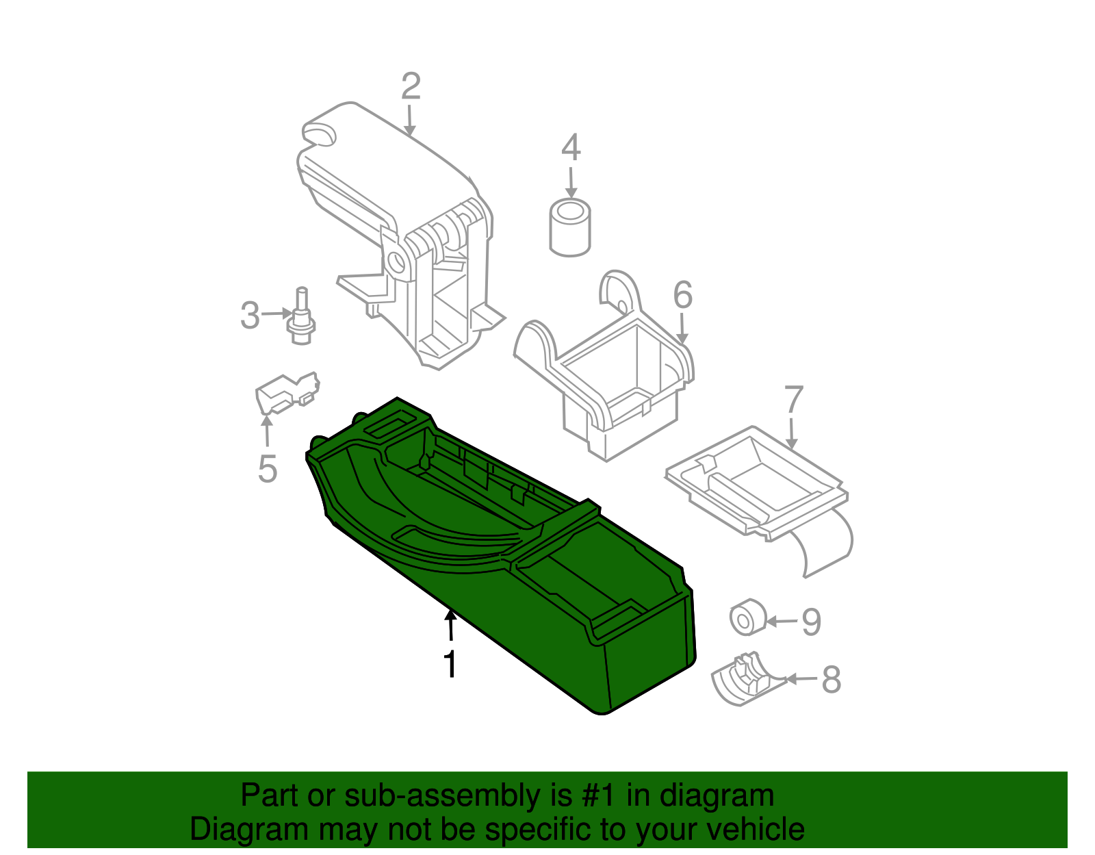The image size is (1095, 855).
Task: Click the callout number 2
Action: click(x=410, y=88)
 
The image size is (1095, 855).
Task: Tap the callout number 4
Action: click(x=571, y=149)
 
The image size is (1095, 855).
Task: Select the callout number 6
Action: click(x=682, y=295)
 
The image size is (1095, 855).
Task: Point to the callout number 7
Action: click(x=793, y=400)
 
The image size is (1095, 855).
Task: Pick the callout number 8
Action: click(x=830, y=679)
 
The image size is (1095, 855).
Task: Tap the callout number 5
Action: click(x=268, y=470)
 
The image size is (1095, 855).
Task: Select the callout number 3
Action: click(x=250, y=316)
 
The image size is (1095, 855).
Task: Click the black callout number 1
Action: click(x=450, y=663)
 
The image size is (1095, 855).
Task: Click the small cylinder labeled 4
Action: click(x=570, y=229)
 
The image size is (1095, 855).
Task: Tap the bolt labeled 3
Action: click(x=300, y=318)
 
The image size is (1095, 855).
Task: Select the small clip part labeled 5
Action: click(x=286, y=395)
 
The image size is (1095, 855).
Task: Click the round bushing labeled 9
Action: click(x=746, y=617)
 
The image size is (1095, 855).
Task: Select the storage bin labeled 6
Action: click(x=616, y=383)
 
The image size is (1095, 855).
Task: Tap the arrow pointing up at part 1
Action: click(x=450, y=624)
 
